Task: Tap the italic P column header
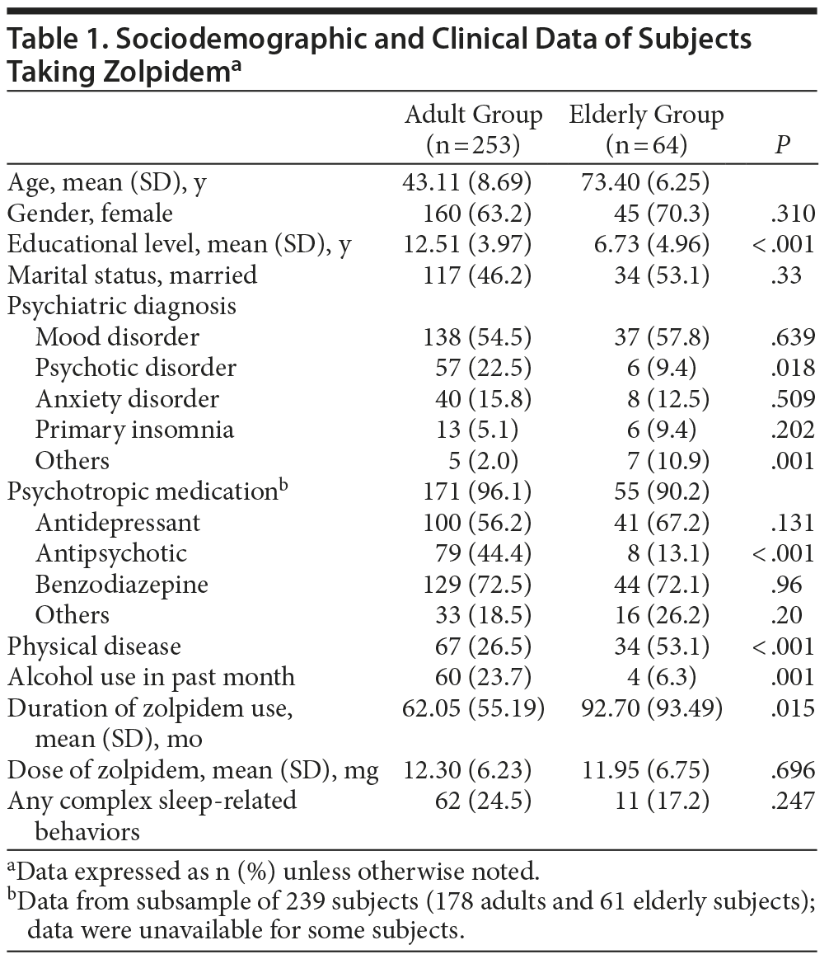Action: [782, 146]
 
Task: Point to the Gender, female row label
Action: [91, 214]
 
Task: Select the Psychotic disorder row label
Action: [136, 368]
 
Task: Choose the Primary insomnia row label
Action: [134, 430]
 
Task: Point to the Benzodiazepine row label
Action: [122, 585]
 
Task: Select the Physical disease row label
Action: [94, 646]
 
